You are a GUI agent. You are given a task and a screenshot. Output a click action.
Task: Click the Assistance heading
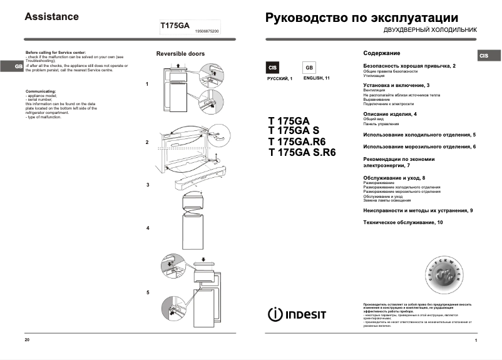tap(51, 17)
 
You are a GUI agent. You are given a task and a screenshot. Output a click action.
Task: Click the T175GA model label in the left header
tap(175, 25)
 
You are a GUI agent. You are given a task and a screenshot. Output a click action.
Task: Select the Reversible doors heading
tap(180, 54)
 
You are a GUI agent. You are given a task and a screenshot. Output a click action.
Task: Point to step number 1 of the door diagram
tap(147, 84)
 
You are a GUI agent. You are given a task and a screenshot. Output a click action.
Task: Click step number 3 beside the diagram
tap(148, 185)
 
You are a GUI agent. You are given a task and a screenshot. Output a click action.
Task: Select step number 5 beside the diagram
tap(148, 292)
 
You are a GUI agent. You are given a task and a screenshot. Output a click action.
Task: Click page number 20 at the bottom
tap(27, 339)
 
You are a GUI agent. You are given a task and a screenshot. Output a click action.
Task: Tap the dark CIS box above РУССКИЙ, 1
tap(273, 68)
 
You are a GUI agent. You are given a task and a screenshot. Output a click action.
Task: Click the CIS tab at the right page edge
tap(484, 56)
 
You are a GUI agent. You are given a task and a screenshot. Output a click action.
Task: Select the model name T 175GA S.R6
tap(302, 152)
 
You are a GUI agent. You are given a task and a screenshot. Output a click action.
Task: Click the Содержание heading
tap(381, 53)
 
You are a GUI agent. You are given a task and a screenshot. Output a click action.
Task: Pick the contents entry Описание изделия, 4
tap(389, 115)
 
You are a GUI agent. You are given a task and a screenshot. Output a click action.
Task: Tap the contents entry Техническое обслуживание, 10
tap(403, 223)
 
